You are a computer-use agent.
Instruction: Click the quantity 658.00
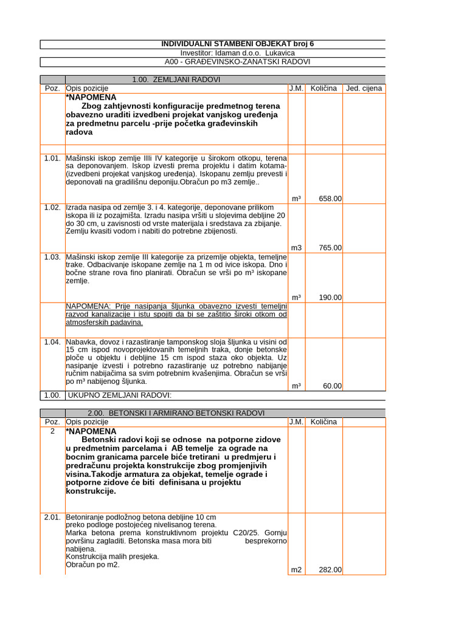330,199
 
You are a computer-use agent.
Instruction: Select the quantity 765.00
330,248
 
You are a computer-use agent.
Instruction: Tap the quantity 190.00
330,298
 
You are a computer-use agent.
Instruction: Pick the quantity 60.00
332,386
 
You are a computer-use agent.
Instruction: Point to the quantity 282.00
330,570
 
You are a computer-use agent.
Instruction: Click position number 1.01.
52,159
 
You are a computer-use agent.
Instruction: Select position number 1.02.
52,208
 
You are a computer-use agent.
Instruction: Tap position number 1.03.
52,258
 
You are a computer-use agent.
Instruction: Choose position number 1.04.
52,342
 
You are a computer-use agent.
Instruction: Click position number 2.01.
52,517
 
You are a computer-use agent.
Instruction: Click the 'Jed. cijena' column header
365,89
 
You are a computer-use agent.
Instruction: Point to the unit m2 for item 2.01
296,570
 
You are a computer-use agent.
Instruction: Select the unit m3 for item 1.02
296,248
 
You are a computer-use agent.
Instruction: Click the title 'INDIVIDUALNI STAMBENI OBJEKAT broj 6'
238,44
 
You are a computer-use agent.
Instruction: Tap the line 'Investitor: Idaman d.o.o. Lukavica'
238,53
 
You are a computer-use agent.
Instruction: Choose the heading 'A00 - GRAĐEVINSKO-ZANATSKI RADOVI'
238,62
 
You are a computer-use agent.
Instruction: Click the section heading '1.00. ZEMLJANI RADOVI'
176,80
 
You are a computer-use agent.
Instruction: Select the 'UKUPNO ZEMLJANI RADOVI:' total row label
120,396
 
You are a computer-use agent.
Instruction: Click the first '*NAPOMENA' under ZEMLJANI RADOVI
91,97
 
